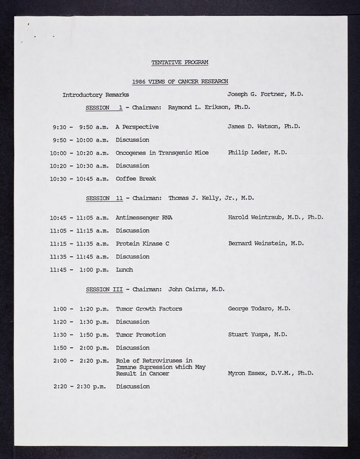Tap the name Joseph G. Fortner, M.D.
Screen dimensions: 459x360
pyautogui.click(x=261, y=94)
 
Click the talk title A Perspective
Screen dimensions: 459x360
pyautogui.click(x=137, y=127)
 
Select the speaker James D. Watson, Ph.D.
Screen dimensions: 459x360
pyautogui.click(x=264, y=127)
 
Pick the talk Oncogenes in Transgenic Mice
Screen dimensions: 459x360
pyautogui.click(x=161, y=153)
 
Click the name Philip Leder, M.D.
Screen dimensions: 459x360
pyautogui.click(x=257, y=153)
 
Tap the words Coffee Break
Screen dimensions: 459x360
pyautogui.click(x=136, y=178)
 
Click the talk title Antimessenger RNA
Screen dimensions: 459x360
pyautogui.click(x=144, y=218)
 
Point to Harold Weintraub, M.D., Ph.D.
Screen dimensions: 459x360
pyautogui.click(x=276, y=218)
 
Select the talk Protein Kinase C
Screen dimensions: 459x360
pyautogui.click(x=142, y=243)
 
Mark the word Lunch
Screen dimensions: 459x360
pyautogui.click(x=124, y=270)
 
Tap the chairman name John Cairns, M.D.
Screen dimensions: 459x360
pyautogui.click(x=196, y=289)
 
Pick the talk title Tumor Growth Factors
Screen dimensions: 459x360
pyautogui.click(x=149, y=309)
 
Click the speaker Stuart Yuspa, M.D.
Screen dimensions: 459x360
pyautogui.click(x=258, y=334)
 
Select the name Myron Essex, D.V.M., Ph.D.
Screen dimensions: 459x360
pyautogui.click(x=270, y=374)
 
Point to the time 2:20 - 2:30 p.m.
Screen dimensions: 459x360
pyautogui.click(x=81, y=387)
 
